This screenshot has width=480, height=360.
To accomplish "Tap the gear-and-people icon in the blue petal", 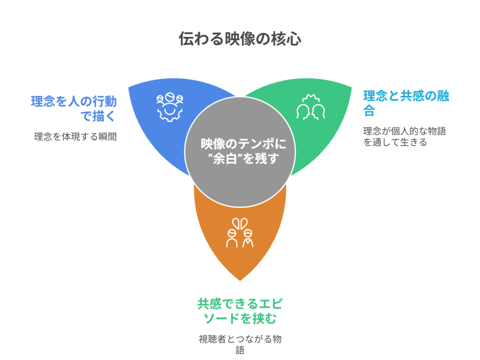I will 170,107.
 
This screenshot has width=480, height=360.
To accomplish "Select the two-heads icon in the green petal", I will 310,107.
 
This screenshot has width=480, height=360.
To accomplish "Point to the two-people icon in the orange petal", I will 240,233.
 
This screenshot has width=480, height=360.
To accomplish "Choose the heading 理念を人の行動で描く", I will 74,108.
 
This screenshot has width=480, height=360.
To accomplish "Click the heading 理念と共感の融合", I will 406,103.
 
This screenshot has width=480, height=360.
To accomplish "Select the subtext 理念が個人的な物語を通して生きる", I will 404,136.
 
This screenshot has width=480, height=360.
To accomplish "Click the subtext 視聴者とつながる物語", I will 240,345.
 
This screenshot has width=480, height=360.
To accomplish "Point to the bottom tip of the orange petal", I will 240,279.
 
